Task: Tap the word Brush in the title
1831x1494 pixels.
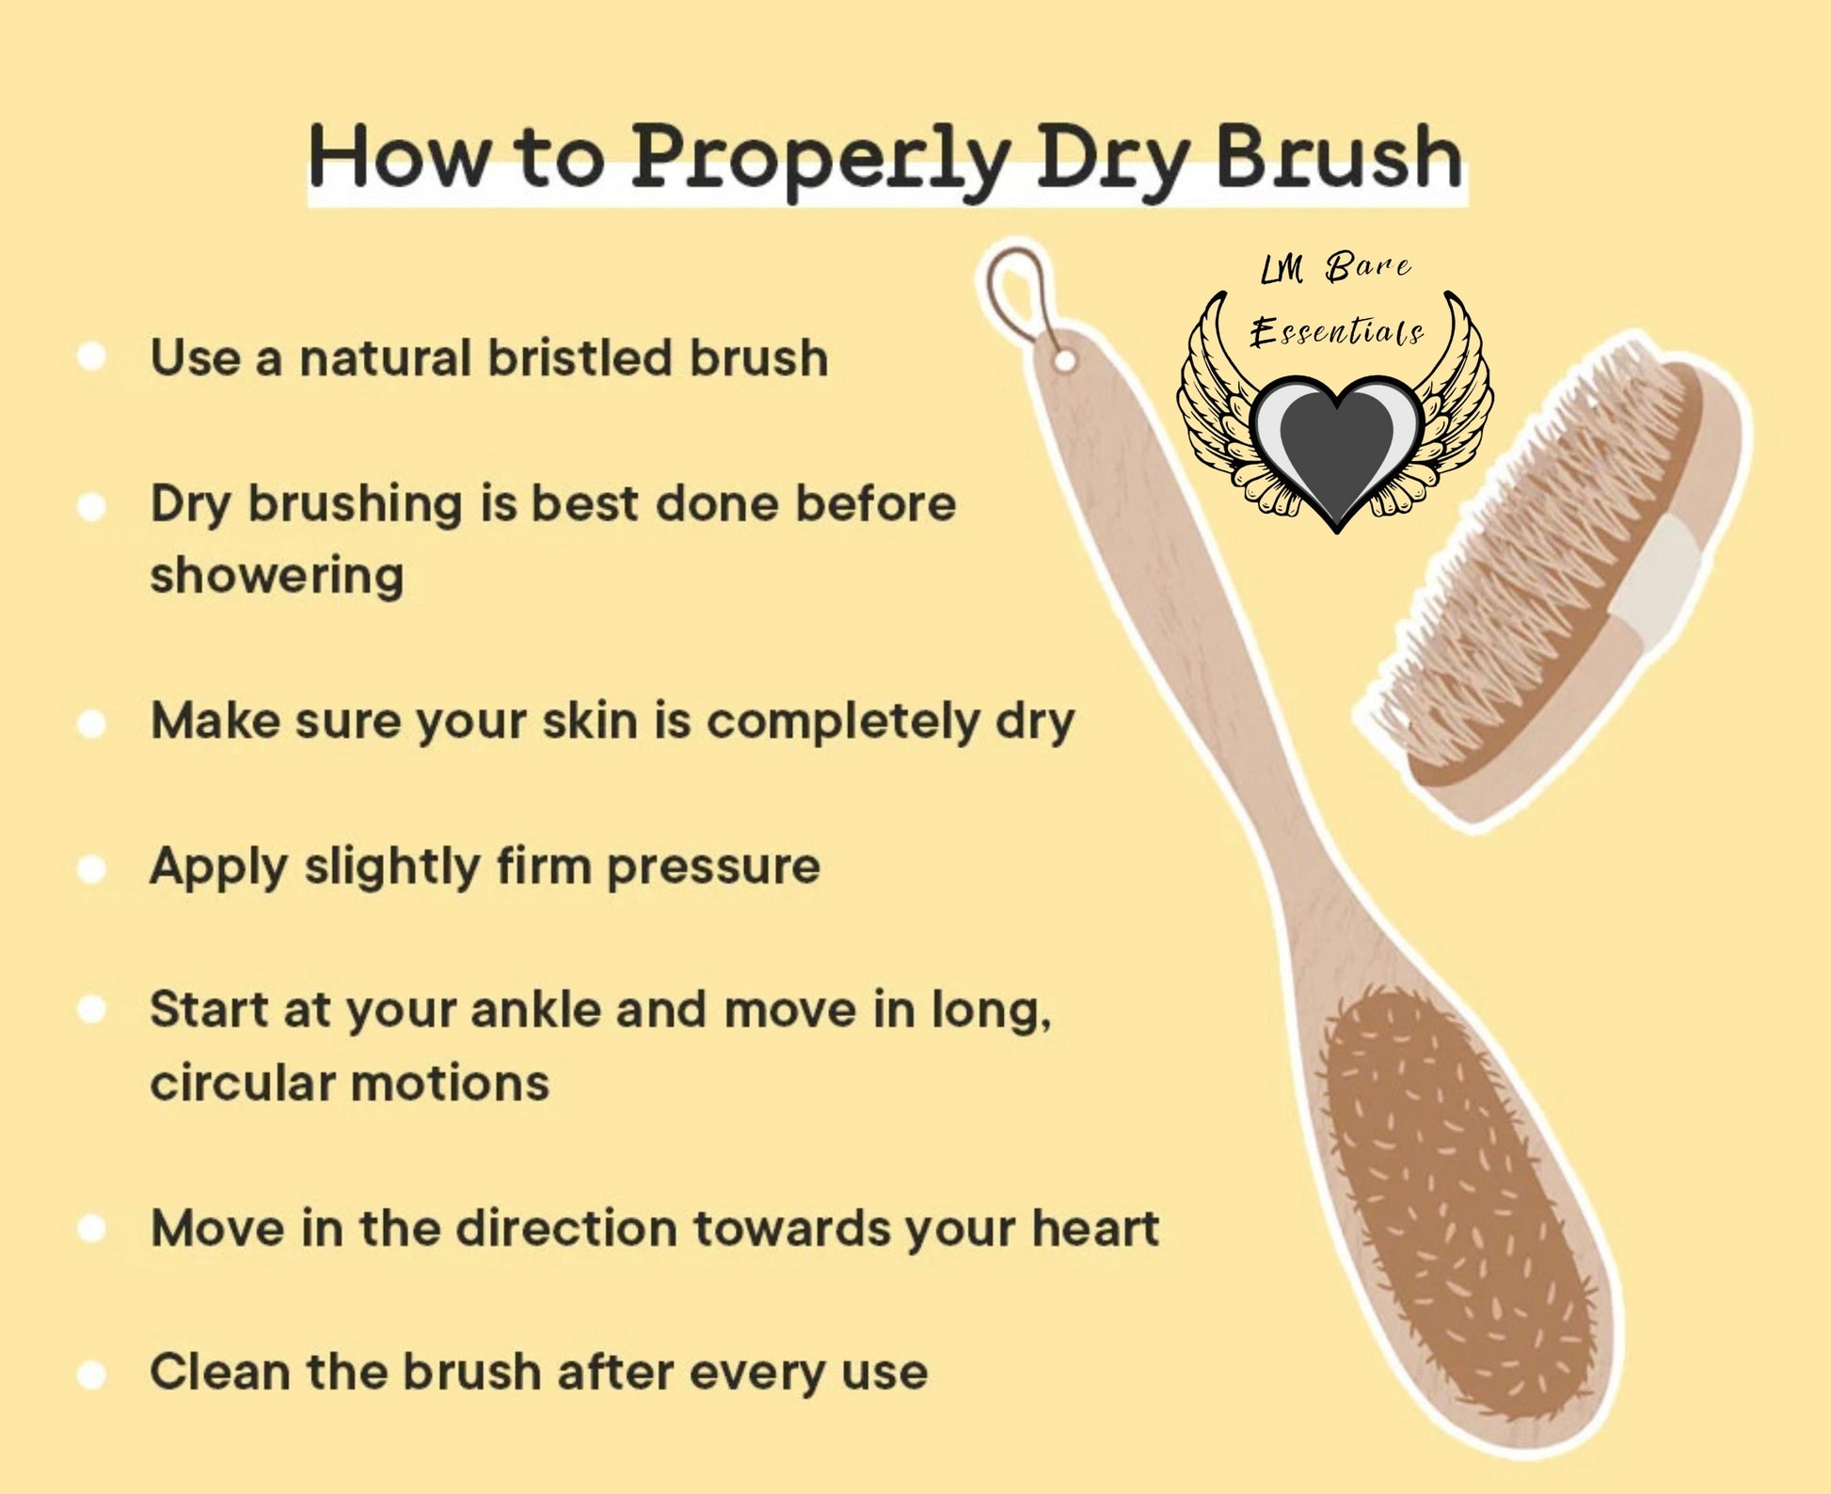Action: (x=1339, y=156)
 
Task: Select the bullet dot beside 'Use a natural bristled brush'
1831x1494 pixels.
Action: (x=91, y=358)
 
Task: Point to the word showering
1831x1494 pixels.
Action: (x=277, y=575)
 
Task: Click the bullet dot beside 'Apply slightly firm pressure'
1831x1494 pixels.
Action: (x=91, y=868)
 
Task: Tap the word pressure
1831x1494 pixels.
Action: (x=712, y=867)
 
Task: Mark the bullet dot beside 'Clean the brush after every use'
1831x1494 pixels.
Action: (x=91, y=1375)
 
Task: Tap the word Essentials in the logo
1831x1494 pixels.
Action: (x=1336, y=332)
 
